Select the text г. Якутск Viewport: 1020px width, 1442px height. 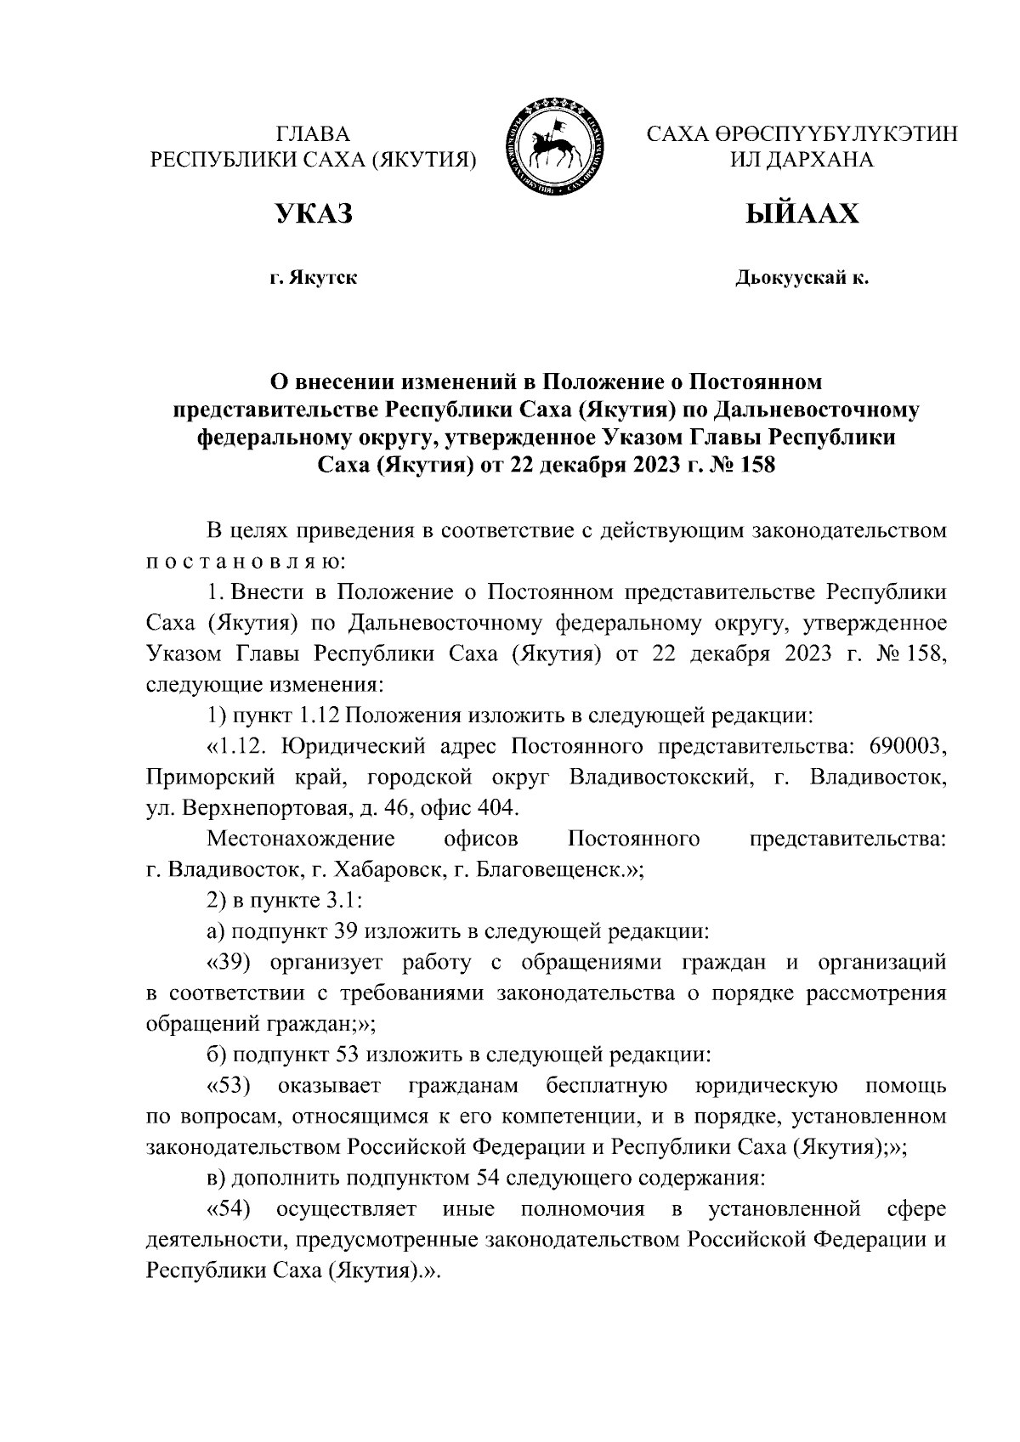[312, 278]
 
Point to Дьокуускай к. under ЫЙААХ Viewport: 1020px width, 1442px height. [802, 278]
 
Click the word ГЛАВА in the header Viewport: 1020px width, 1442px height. [312, 134]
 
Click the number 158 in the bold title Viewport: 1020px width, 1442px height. [755, 466]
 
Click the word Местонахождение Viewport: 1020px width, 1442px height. [301, 840]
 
